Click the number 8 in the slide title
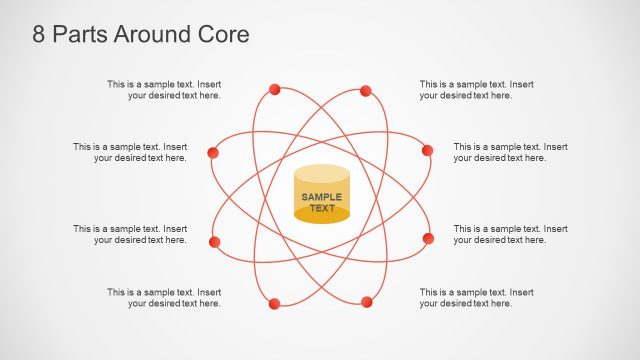pos(39,34)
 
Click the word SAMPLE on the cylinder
pos(322,197)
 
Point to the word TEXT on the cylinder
pos(322,208)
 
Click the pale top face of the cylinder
pos(322,174)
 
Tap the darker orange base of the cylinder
pos(322,216)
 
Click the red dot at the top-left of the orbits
pos(275,90)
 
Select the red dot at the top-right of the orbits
pos(366,91)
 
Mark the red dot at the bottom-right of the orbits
pos(367,301)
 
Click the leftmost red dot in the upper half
pos(212,153)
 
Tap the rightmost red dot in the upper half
pos(427,150)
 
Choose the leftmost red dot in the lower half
pos(214,242)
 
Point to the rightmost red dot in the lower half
pos(428,238)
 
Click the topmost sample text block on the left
pos(165,90)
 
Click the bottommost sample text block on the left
pos(165,297)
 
